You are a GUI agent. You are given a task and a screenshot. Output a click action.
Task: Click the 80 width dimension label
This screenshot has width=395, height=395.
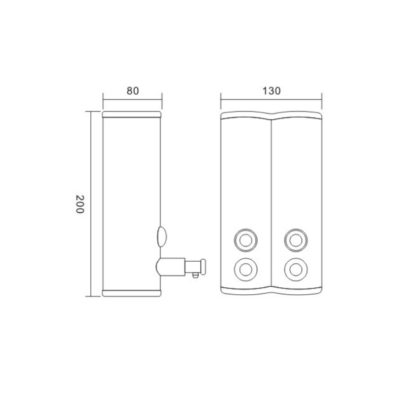133,91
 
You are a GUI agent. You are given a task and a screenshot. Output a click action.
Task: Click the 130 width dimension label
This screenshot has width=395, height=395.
271,91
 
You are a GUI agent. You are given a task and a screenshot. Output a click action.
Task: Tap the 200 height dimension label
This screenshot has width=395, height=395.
80,204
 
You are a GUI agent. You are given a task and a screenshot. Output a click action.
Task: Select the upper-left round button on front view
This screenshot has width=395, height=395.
245,240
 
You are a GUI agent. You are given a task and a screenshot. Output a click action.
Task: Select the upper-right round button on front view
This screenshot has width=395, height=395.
296,240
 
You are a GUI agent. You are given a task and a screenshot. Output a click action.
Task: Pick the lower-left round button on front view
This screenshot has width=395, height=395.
245,270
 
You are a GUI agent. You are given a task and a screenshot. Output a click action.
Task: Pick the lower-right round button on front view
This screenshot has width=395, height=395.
296,270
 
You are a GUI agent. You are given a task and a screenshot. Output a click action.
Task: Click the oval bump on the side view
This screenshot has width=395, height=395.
162,237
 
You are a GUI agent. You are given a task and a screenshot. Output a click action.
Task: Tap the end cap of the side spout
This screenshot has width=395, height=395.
203,267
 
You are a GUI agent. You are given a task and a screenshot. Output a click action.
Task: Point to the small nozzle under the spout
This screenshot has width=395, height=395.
195,276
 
